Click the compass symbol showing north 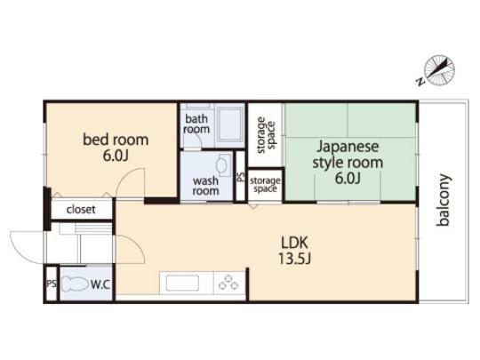pos(437,70)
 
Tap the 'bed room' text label pos(116,140)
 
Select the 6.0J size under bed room pos(116,156)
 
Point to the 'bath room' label pos(197,124)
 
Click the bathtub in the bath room pos(229,124)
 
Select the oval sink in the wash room pos(222,164)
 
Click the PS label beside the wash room pos(241,177)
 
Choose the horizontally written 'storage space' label pos(265,184)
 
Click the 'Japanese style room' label pos(347,155)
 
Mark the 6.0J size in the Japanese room pos(348,179)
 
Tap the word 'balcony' pos(444,200)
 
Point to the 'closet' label pos(81,211)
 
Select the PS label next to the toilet pos(51,284)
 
